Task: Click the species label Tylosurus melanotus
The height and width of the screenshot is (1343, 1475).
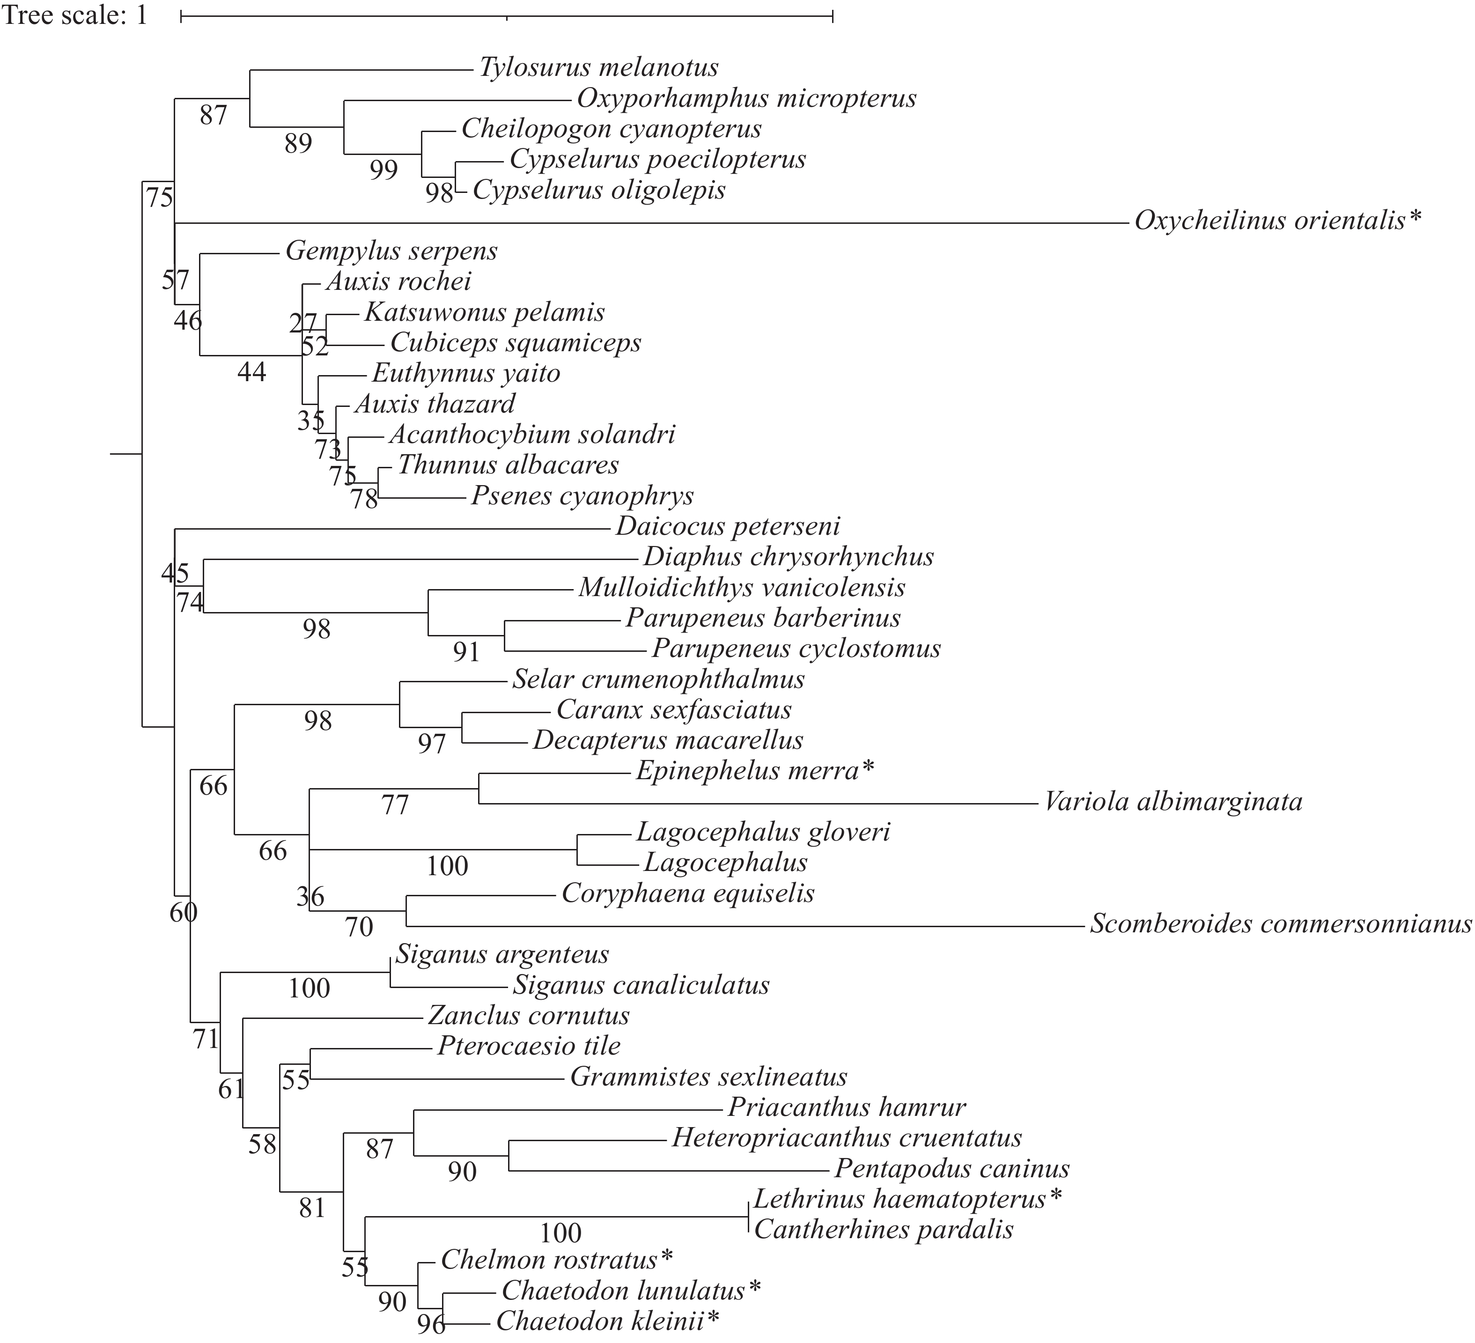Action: click(598, 68)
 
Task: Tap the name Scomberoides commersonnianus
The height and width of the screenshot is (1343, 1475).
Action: click(1280, 924)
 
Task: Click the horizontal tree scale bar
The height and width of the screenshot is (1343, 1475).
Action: click(506, 15)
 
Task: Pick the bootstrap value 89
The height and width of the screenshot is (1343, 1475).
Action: click(299, 143)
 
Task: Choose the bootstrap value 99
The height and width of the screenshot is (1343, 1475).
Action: click(383, 170)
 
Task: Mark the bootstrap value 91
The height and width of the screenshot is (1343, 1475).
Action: click(466, 651)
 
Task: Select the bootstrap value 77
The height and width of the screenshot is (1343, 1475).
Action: click(395, 805)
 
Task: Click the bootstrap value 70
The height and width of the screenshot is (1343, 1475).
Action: click(359, 928)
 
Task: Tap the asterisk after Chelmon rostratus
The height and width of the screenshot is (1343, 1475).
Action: click(666, 1258)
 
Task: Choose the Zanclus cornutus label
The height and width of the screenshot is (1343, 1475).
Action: click(528, 1015)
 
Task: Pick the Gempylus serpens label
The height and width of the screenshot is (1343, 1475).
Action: click(391, 251)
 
